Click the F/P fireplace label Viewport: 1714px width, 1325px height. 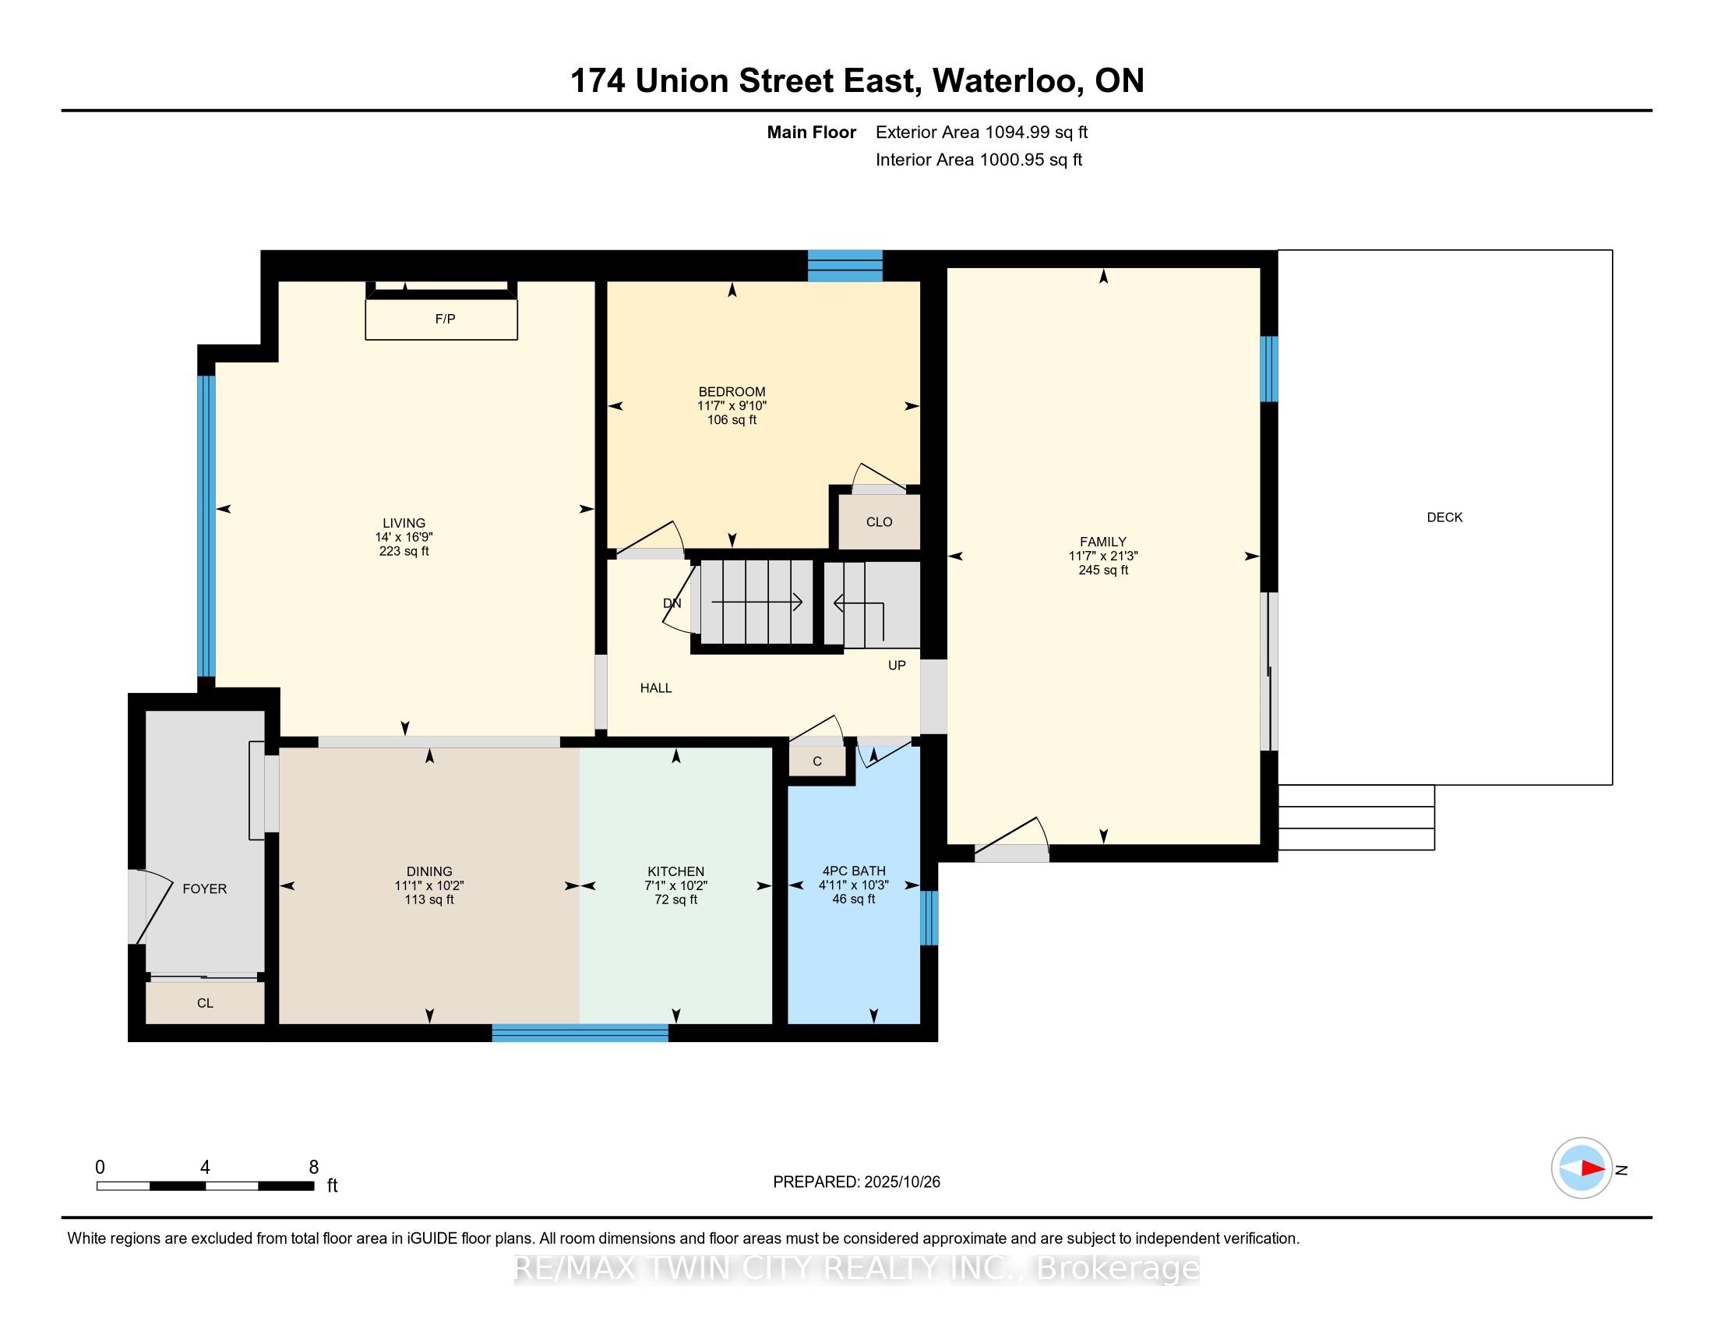coord(445,319)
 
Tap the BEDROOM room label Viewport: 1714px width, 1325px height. coord(732,392)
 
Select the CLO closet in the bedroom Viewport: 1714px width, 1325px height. coord(879,522)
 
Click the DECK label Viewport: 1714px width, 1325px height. coord(1444,518)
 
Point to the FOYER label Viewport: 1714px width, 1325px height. coord(205,889)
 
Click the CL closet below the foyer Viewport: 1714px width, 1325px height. coord(205,1003)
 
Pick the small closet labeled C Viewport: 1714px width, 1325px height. coord(817,761)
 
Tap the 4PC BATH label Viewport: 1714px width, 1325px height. coord(854,871)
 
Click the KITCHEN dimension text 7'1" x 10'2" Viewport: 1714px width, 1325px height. coord(675,885)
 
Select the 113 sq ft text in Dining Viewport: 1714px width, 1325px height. coord(429,899)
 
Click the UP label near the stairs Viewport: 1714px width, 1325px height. coord(896,665)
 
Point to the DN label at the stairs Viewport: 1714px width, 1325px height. coord(672,602)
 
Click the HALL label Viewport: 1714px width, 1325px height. coord(655,688)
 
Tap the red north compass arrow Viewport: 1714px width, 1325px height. coord(1592,1168)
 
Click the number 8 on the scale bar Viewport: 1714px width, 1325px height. coord(314,1168)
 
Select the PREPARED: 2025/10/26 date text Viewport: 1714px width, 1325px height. coord(856,1182)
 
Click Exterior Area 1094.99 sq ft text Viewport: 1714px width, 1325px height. coord(981,132)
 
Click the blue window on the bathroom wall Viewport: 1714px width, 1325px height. coord(929,917)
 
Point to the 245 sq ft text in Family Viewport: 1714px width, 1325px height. coord(1102,570)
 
